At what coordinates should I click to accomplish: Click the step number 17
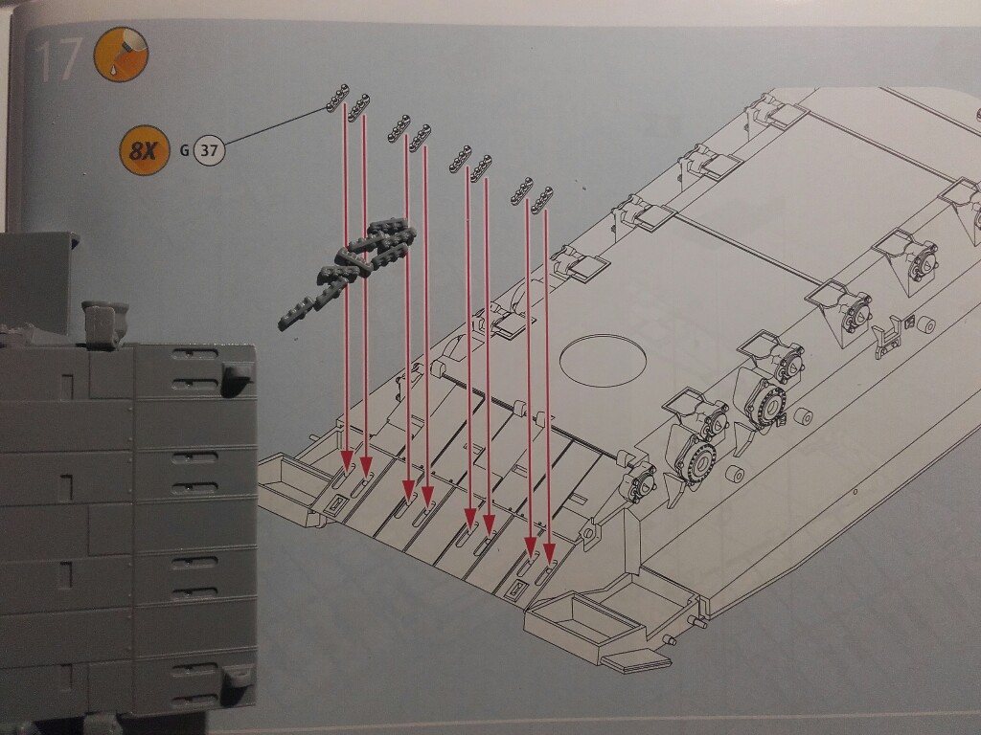[x=58, y=60]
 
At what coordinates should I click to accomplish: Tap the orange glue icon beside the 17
[x=121, y=54]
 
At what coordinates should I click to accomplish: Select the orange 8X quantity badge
[x=145, y=150]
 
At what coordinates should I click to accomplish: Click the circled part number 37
[x=209, y=150]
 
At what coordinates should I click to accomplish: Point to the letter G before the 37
[x=184, y=150]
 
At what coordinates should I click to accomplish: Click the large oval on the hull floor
[x=603, y=360]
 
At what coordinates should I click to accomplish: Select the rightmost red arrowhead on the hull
[x=549, y=554]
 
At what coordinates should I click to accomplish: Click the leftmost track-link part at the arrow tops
[x=338, y=98]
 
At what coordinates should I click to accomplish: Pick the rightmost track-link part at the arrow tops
[x=542, y=200]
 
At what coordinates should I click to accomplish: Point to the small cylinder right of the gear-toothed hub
[x=804, y=416]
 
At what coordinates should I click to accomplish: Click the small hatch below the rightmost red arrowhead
[x=517, y=589]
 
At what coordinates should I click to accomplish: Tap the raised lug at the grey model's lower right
[x=238, y=675]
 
